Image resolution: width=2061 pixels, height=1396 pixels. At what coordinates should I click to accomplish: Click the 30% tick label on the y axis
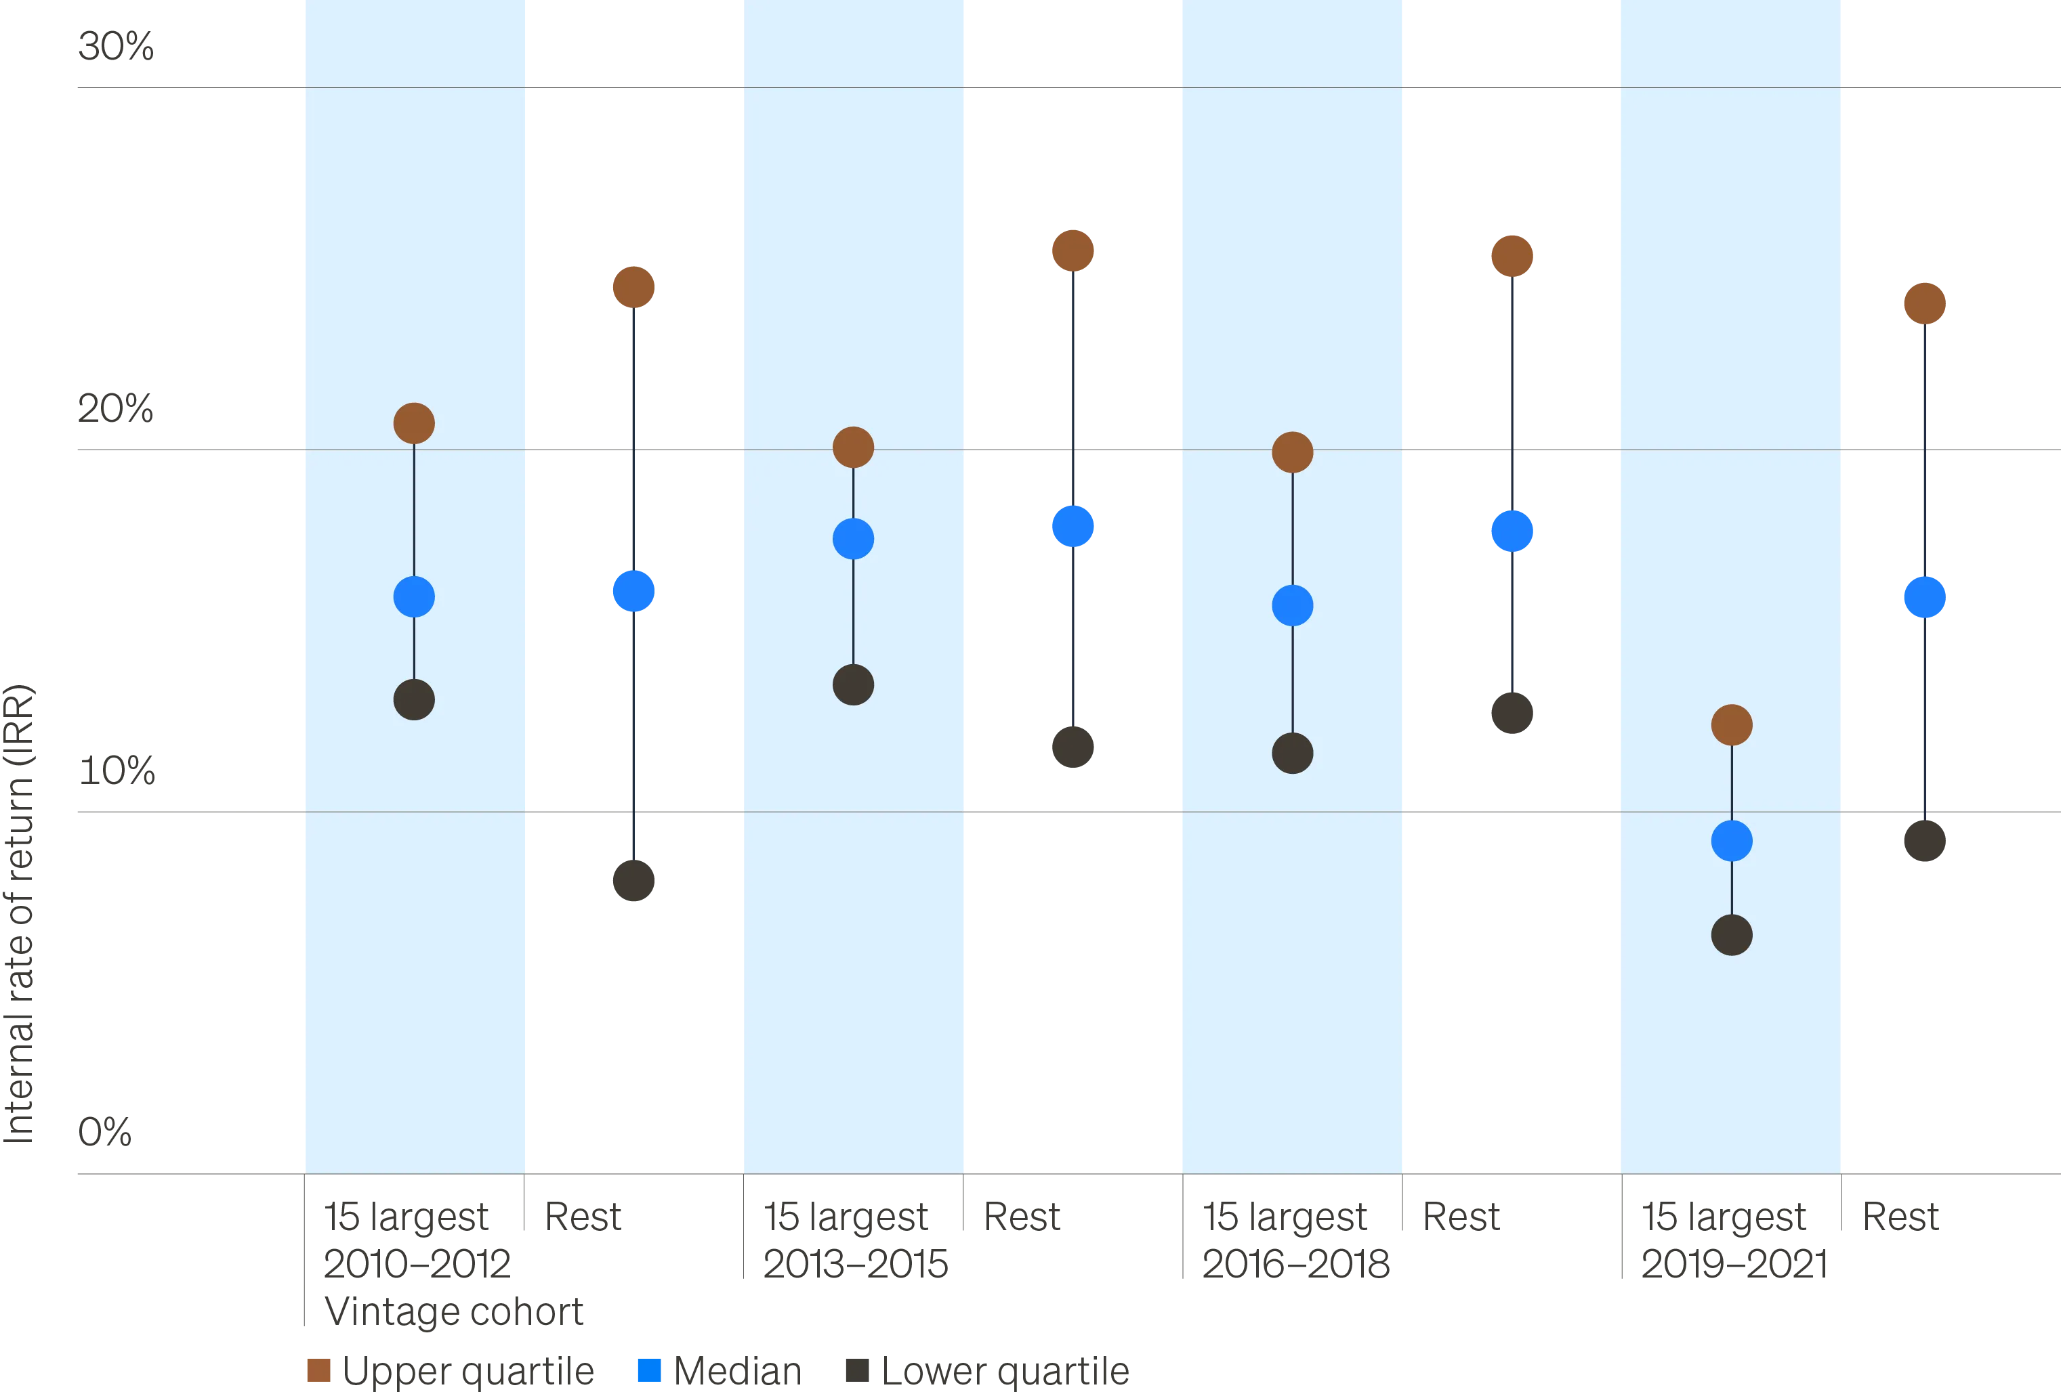coord(115,46)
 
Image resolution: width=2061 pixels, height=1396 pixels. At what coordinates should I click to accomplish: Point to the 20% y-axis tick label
coord(115,408)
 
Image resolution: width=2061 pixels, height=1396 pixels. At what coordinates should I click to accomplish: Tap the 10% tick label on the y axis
coord(118,769)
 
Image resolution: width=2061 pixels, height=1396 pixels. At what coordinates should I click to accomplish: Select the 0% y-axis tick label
coord(104,1133)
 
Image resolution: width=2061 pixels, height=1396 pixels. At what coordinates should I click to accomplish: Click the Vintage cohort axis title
coord(453,1312)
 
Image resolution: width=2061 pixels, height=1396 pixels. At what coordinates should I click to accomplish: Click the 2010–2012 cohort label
coord(417,1262)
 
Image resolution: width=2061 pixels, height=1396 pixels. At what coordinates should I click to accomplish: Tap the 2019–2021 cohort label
coord(1734,1262)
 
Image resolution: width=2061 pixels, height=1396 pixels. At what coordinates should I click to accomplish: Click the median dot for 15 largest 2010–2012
coord(414,596)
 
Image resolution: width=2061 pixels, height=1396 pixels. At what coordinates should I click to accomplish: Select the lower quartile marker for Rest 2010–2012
coord(634,880)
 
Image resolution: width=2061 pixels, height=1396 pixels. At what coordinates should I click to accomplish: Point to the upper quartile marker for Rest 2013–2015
coord(1073,250)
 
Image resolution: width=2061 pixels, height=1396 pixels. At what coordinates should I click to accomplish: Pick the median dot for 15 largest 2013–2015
coord(853,539)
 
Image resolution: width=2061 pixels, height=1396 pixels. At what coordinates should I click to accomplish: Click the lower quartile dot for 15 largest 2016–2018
coord(1292,754)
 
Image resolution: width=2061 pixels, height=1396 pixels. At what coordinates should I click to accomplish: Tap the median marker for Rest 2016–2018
coord(1512,531)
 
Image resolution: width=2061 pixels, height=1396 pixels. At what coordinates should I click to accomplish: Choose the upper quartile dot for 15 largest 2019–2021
coord(1731,725)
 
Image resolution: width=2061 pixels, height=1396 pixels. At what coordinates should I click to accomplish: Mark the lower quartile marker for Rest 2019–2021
coord(1923,840)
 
